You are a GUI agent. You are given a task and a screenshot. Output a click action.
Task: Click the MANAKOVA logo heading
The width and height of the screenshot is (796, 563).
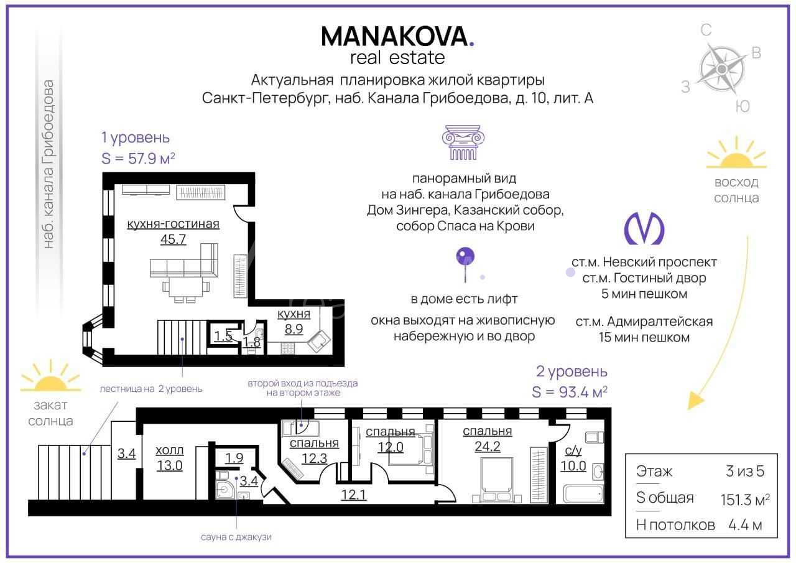point(397,37)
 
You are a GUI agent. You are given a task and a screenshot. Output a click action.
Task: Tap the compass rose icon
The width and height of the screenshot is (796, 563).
point(721,68)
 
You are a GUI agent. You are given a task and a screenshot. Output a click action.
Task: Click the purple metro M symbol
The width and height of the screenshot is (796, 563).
point(644,228)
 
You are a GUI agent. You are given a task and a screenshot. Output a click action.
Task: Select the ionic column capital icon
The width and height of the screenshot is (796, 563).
point(463,142)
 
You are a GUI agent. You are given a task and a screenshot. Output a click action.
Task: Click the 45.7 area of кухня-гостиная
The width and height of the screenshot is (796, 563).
point(173,240)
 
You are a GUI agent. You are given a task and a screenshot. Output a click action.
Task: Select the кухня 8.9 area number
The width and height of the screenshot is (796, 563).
point(294,329)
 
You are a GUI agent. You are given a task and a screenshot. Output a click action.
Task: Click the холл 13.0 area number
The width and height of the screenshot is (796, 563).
point(170,465)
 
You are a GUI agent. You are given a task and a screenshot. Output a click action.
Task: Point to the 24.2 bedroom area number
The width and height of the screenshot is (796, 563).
point(488,446)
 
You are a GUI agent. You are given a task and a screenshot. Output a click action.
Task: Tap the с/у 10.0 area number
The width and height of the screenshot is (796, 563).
point(573,465)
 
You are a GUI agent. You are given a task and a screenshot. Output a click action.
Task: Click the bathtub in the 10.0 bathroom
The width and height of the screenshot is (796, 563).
point(583,494)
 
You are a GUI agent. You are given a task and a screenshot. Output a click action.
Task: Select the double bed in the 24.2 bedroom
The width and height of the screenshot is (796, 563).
point(497,480)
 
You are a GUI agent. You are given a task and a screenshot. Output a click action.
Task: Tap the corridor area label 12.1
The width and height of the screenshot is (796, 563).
point(353,495)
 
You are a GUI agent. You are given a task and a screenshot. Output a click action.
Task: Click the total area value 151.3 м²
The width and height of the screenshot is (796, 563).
point(745,500)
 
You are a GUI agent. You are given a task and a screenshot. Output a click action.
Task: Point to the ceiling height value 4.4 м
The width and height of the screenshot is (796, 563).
point(745,525)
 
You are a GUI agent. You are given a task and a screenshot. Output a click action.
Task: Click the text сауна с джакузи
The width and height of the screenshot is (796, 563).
point(236,537)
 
